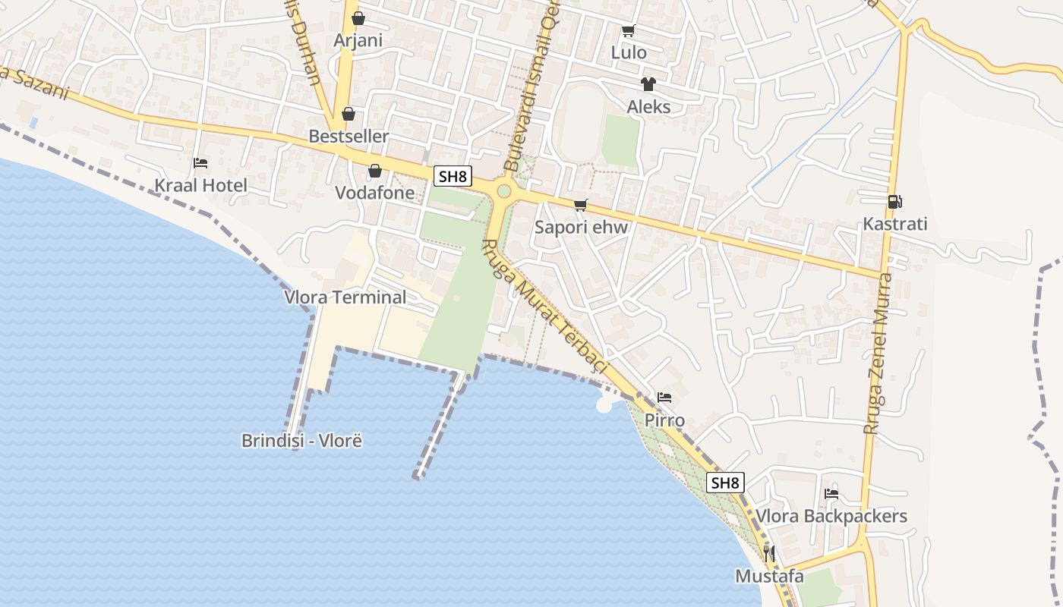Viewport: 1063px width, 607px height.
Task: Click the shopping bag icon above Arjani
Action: [358, 18]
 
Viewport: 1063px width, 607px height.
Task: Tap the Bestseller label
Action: [349, 137]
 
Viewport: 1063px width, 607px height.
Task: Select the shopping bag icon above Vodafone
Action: [374, 171]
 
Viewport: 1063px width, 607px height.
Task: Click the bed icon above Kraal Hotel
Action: [200, 163]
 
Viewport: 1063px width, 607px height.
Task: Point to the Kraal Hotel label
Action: [201, 185]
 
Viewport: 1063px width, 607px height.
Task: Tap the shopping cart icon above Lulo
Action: [628, 31]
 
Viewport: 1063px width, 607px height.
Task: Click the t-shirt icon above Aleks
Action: [648, 84]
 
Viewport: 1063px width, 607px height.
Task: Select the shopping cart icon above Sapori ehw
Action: [581, 205]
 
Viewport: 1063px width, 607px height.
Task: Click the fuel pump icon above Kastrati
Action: [895, 202]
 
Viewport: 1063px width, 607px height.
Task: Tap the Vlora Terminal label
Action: [345, 297]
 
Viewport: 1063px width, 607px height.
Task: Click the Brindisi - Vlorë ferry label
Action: [302, 440]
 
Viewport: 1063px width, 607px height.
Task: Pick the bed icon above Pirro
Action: [664, 398]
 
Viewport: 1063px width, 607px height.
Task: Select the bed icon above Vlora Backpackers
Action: [831, 494]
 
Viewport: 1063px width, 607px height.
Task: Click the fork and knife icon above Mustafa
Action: [769, 553]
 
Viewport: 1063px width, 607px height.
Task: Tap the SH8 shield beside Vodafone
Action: [453, 177]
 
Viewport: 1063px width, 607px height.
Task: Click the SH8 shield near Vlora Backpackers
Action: [725, 483]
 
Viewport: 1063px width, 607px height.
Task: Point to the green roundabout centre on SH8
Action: [503, 190]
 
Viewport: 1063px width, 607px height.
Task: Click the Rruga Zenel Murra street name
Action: [879, 354]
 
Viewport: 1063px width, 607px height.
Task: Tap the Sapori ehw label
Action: [581, 227]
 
